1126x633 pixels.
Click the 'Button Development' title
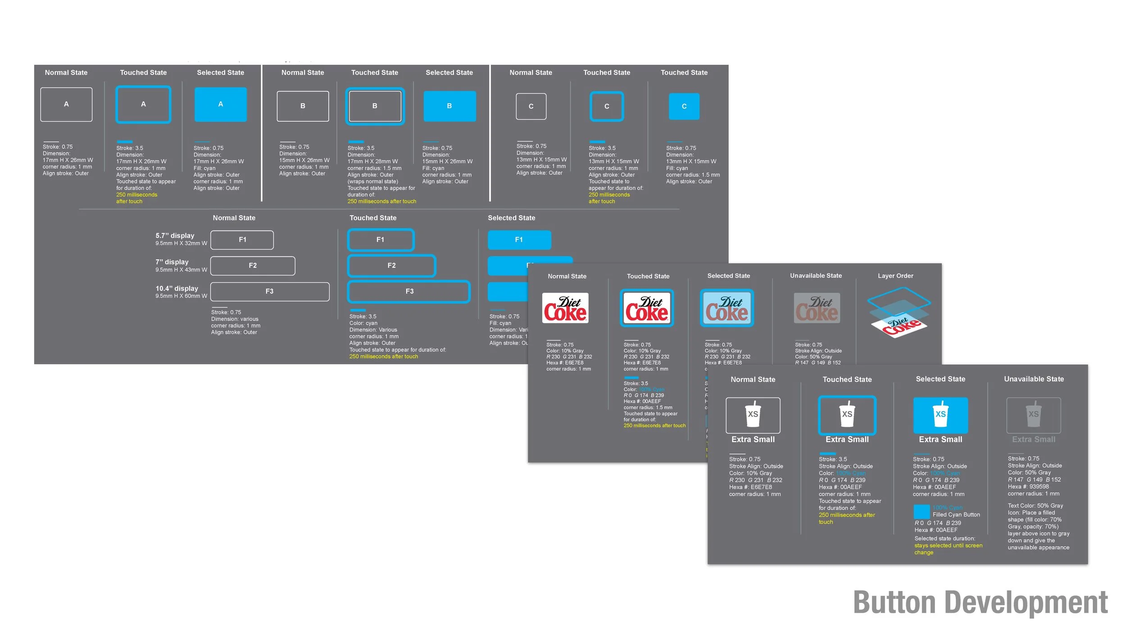coord(980,602)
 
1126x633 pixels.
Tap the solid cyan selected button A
coord(220,104)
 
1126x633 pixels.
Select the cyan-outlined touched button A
coord(143,104)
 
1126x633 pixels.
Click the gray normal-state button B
coord(303,106)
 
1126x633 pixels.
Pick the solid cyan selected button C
coord(684,106)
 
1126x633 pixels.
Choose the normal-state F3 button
coord(269,292)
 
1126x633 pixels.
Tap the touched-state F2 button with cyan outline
coord(391,266)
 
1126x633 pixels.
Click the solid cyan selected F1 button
coord(519,240)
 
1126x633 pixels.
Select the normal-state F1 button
coord(242,240)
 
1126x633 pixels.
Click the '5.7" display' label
coord(175,235)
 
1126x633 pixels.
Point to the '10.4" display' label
coord(177,288)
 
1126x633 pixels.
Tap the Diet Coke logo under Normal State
coord(565,308)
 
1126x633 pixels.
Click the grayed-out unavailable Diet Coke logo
coord(817,308)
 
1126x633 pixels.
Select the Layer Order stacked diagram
coord(899,312)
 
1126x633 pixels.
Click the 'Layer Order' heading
coord(895,276)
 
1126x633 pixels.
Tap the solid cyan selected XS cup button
coord(940,415)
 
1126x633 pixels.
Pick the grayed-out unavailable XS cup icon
coord(1034,415)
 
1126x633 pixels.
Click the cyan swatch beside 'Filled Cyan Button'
coord(922,511)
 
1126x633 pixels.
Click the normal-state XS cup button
coord(753,415)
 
